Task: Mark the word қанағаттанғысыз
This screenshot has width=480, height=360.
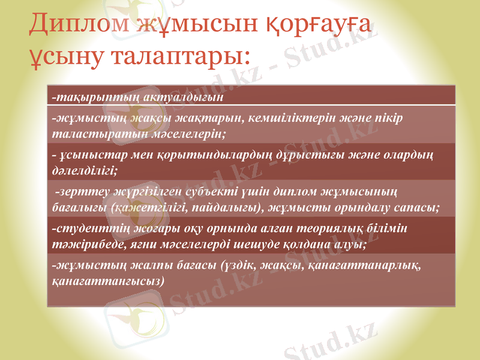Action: (x=105, y=280)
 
